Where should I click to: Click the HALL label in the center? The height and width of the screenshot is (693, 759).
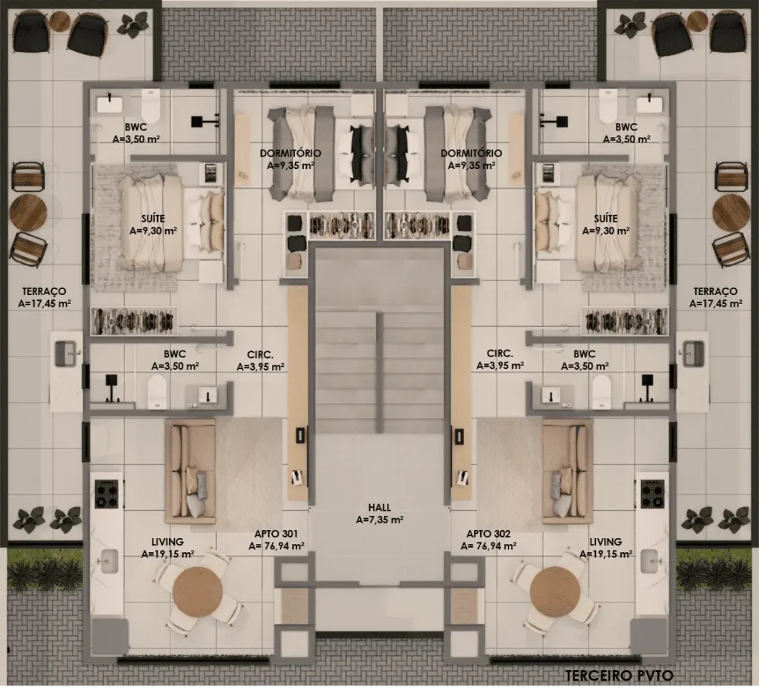379,508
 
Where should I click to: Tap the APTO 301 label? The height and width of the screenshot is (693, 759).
276,534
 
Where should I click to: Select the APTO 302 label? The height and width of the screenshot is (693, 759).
488,534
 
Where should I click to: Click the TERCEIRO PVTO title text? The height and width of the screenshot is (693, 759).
619,675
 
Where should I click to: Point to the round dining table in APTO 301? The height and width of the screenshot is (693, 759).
197,591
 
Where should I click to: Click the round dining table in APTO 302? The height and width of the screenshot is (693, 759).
554,591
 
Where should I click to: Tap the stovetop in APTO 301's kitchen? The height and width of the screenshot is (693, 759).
107,494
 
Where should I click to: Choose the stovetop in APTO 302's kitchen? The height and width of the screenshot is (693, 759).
652,494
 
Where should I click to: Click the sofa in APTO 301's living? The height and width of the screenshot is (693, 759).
190,471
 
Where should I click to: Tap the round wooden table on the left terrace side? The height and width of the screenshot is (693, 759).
28,213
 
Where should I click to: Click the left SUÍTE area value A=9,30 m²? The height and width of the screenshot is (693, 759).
153,231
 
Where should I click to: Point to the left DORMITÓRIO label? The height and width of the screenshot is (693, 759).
291,153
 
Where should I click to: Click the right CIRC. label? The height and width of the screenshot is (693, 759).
500,354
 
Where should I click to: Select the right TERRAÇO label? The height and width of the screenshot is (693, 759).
715,291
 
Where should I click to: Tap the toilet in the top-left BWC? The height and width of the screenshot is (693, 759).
150,106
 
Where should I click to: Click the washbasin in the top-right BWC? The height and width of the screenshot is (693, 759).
649,104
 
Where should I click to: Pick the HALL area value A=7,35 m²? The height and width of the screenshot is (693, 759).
380,520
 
